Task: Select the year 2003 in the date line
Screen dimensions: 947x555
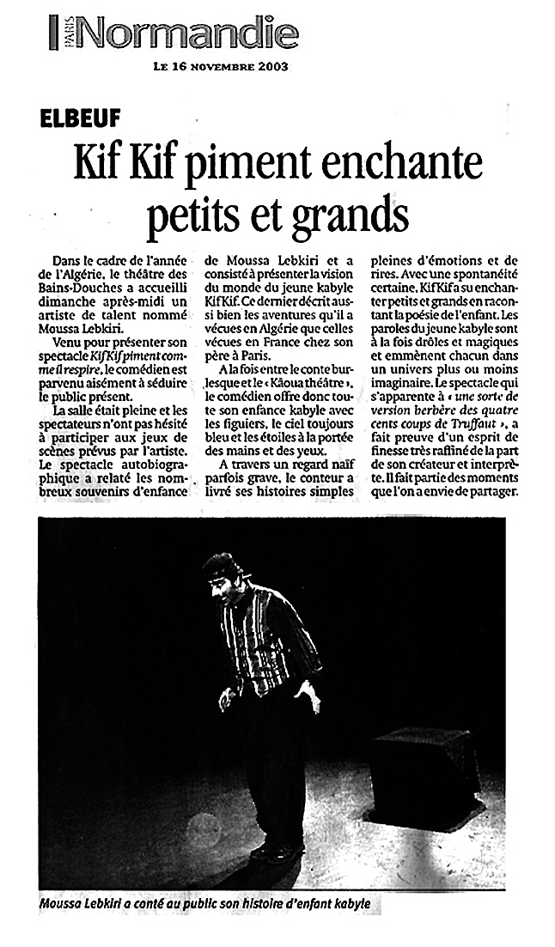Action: (269, 65)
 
